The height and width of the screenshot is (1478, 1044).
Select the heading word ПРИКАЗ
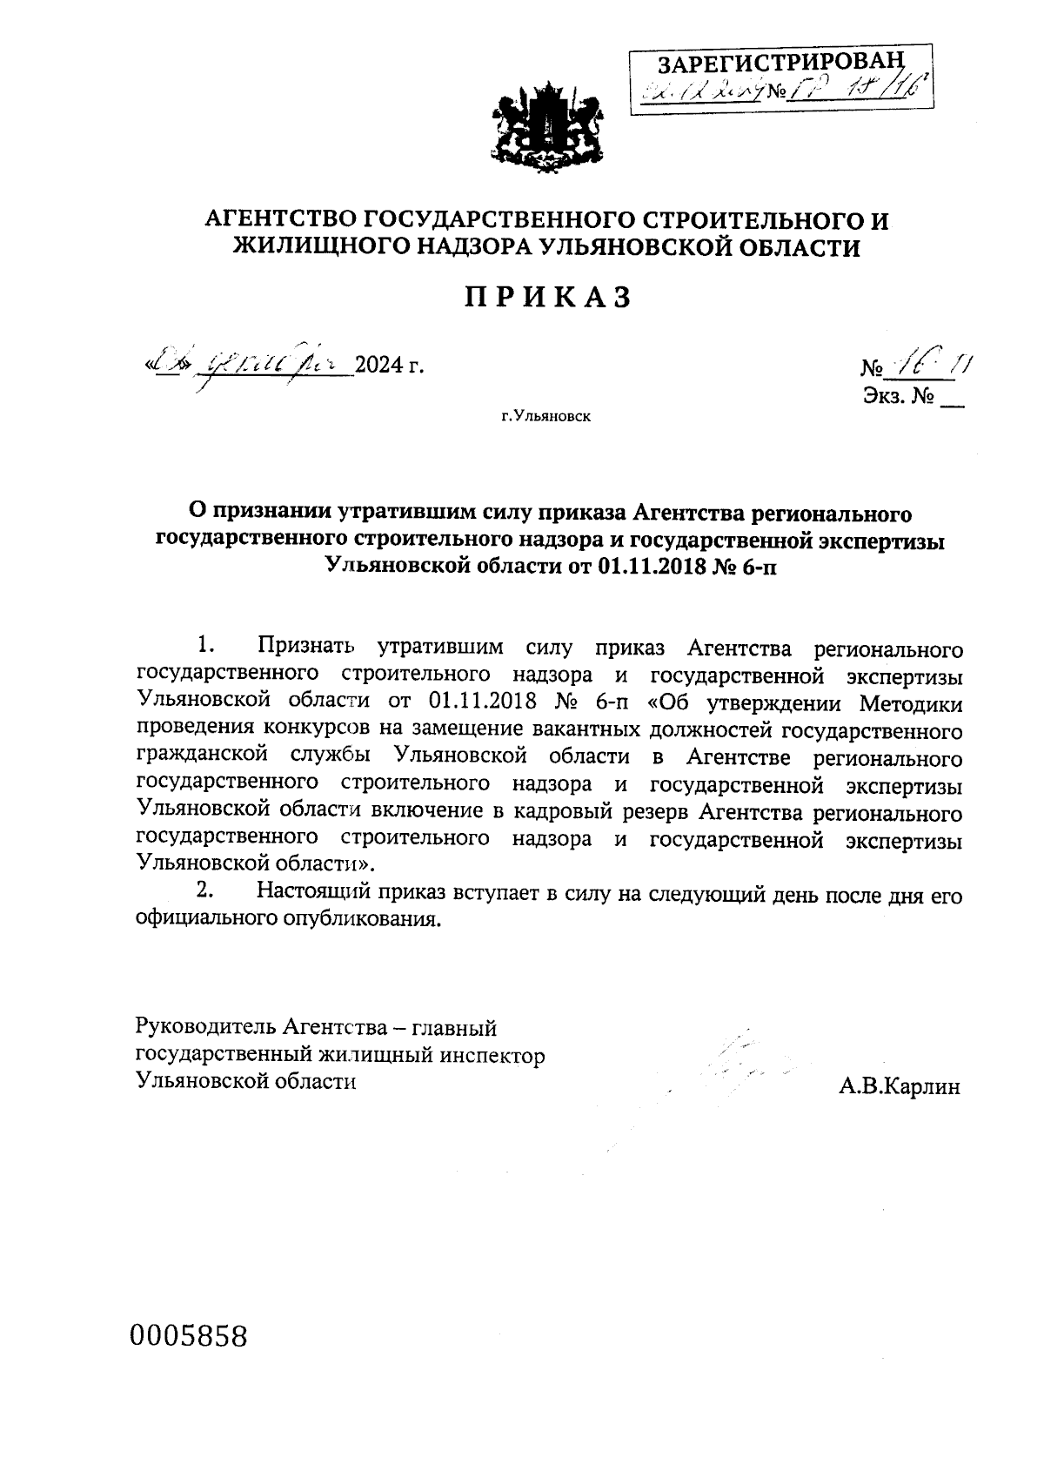pos(547,298)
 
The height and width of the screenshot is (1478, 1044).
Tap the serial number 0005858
pos(189,1335)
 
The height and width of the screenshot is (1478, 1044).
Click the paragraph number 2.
pos(205,890)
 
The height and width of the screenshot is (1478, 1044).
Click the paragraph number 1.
pos(205,646)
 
